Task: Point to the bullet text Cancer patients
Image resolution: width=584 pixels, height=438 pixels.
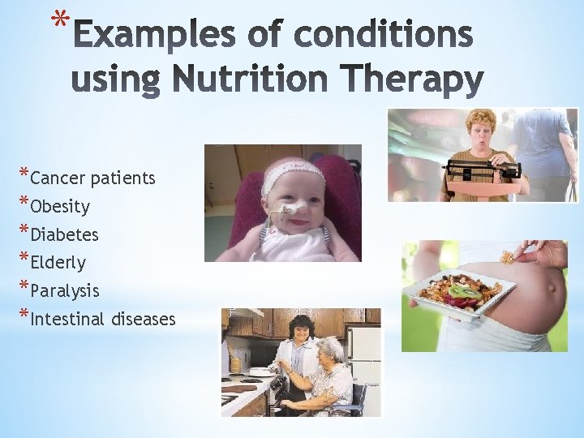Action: click(x=92, y=178)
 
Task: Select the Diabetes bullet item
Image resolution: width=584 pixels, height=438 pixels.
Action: click(x=64, y=234)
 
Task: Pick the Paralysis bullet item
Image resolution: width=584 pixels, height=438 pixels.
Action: click(x=64, y=290)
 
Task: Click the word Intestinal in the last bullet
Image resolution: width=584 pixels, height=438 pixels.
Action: click(x=68, y=319)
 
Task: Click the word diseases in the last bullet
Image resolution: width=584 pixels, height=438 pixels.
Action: click(x=144, y=319)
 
